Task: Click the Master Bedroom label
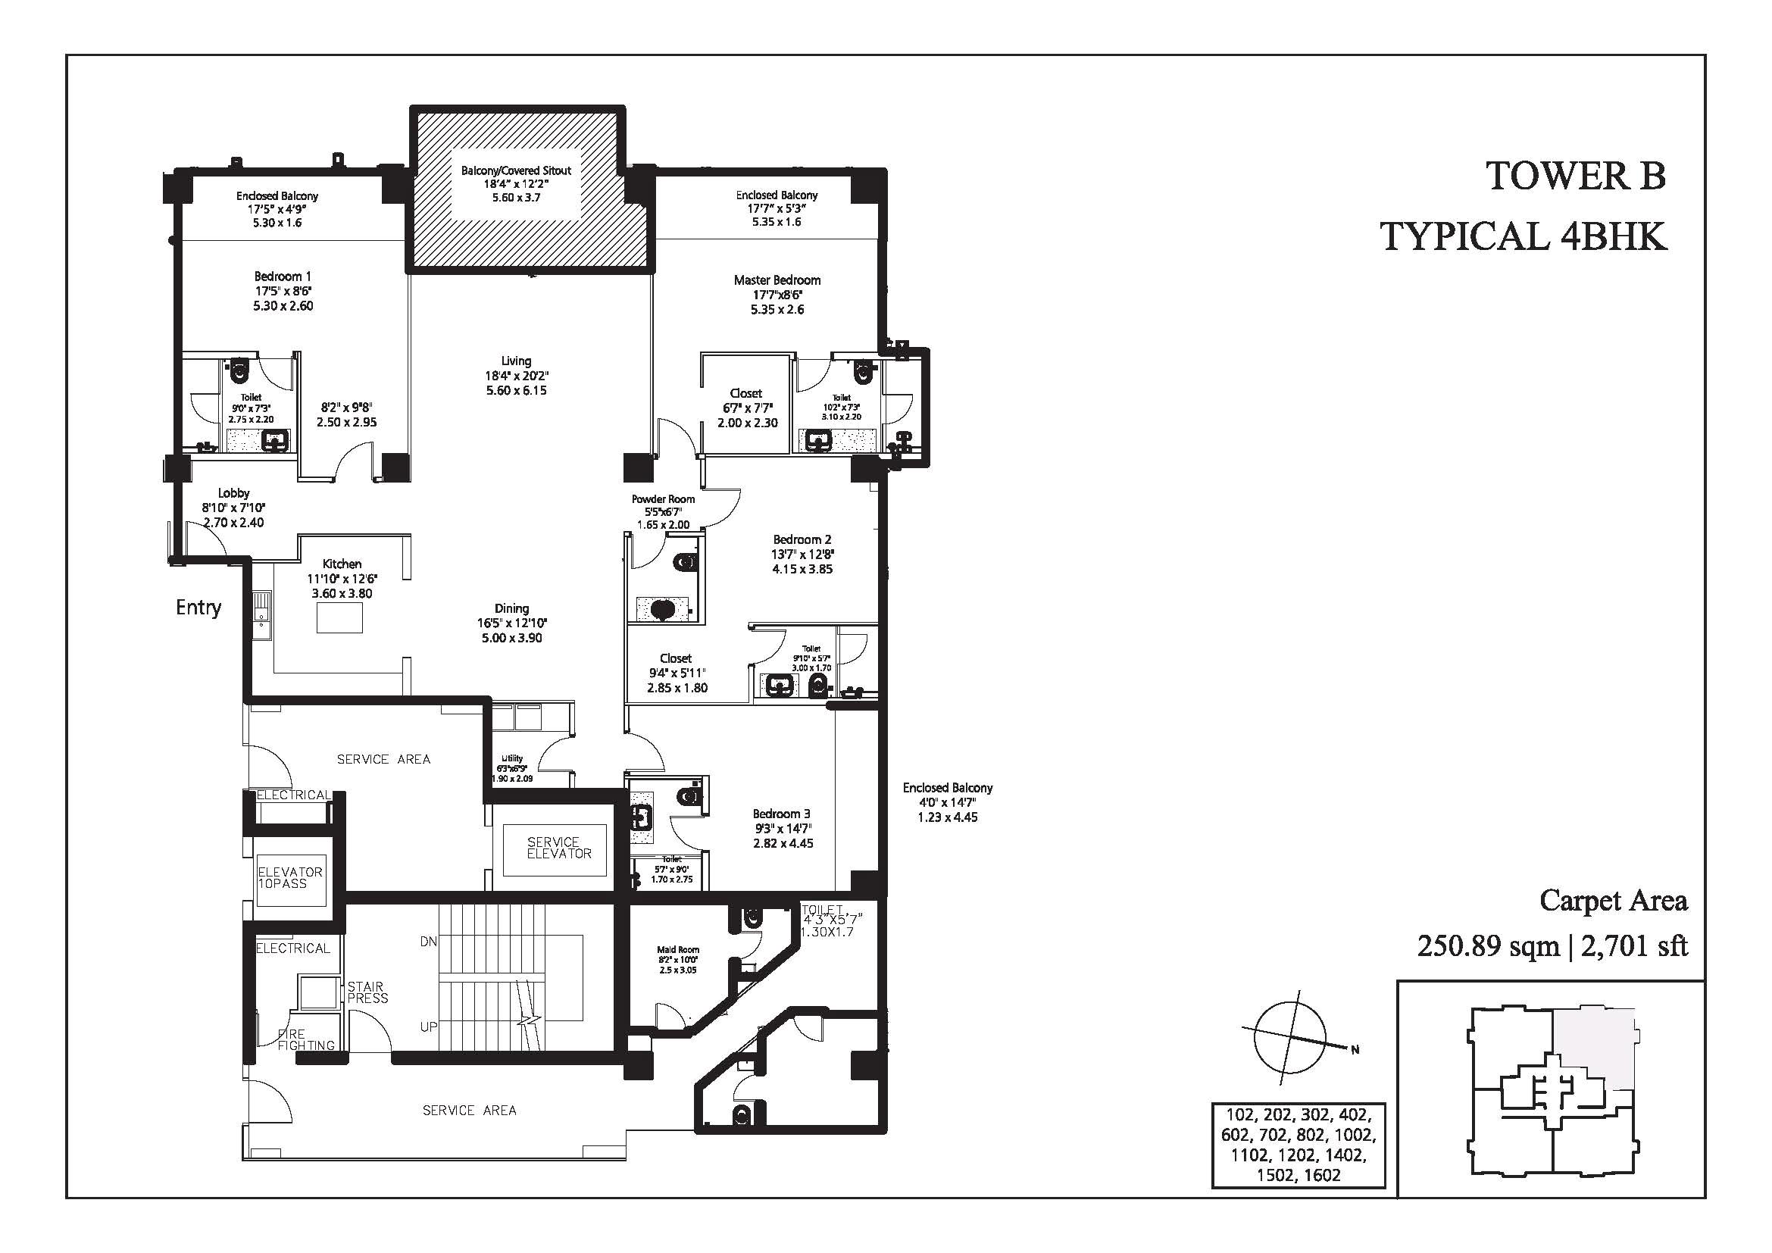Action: [x=777, y=280]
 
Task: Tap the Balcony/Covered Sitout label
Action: [x=517, y=170]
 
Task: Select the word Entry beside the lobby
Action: [x=198, y=608]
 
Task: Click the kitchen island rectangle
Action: [x=339, y=617]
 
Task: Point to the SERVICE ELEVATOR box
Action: [x=554, y=848]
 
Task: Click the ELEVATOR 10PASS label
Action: [x=289, y=877]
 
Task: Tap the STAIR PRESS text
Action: [x=367, y=992]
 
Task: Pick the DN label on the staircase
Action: [x=428, y=942]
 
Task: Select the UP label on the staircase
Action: [x=428, y=1027]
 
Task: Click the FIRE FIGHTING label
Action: [x=306, y=1039]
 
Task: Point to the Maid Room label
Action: [x=677, y=950]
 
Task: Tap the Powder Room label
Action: [x=663, y=499]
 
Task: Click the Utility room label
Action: [x=511, y=758]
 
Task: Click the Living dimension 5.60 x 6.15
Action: [x=517, y=390]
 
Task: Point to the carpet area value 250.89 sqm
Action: [x=1488, y=946]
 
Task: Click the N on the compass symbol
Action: [x=1355, y=1049]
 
